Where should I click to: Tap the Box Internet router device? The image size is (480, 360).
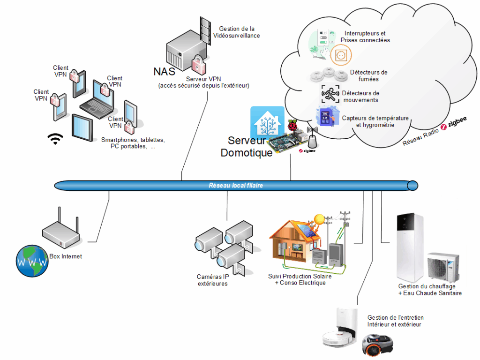tap(61, 234)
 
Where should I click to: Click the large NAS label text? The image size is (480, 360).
tap(164, 72)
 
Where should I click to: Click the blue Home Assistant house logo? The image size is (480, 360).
tap(267, 123)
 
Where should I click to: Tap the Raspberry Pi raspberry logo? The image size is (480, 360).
tap(293, 126)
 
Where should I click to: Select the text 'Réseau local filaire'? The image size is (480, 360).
tap(236, 186)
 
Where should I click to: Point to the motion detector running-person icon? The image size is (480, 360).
tap(330, 94)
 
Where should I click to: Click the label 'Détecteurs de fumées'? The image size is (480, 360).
tap(368, 75)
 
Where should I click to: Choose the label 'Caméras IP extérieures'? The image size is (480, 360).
tap(213, 280)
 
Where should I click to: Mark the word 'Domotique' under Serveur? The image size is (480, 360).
tap(247, 152)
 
